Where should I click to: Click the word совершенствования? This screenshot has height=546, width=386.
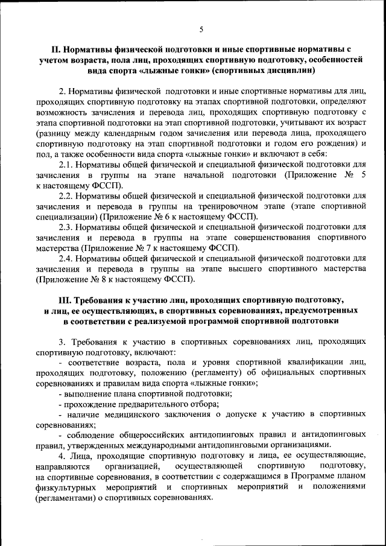pyautogui.click(x=274, y=238)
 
